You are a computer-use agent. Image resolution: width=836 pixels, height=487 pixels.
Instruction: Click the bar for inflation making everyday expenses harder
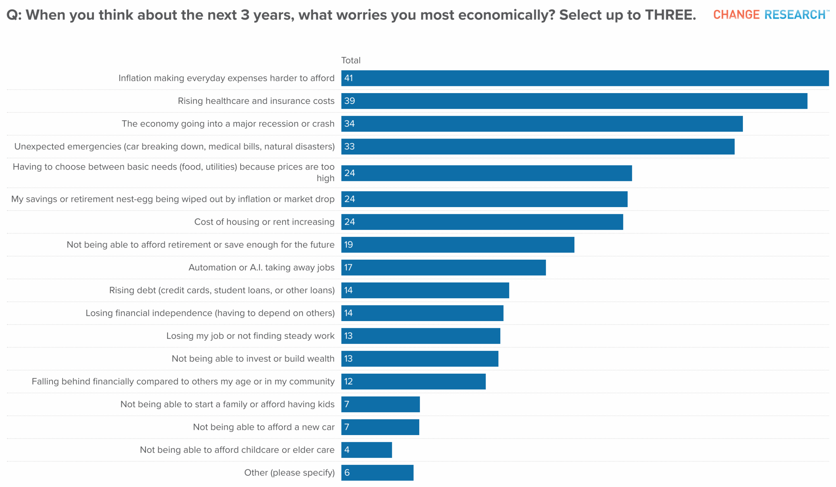(x=585, y=78)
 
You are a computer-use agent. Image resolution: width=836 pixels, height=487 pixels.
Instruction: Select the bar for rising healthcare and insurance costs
(x=574, y=101)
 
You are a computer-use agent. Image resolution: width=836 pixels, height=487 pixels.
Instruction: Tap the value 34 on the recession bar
(x=349, y=124)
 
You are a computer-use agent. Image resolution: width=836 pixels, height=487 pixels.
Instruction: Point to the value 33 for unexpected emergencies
(x=349, y=147)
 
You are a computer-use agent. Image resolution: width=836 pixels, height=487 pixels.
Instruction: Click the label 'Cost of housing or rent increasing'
(x=264, y=222)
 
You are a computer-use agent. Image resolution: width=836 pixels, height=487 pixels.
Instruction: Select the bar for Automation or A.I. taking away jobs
(x=443, y=268)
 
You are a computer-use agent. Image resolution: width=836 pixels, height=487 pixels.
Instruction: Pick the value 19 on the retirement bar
(x=348, y=245)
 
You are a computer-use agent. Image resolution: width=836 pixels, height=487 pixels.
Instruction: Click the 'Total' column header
(x=351, y=60)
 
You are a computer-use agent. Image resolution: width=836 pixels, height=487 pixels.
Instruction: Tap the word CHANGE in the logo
(x=736, y=15)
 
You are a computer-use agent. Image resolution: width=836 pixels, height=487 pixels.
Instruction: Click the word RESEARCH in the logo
(x=795, y=15)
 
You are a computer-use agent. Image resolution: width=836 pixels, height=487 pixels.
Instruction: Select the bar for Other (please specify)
(x=377, y=473)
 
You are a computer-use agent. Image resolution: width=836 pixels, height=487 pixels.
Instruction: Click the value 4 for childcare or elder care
(x=347, y=450)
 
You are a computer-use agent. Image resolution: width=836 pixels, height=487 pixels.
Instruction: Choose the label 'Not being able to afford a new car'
(x=264, y=427)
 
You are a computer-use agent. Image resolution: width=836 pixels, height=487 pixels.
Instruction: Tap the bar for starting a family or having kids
(x=380, y=404)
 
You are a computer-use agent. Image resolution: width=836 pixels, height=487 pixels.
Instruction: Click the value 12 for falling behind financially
(x=348, y=381)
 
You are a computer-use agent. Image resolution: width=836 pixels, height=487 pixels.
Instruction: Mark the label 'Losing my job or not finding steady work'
(x=250, y=336)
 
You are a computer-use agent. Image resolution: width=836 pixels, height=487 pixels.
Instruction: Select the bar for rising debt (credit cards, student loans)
(x=425, y=290)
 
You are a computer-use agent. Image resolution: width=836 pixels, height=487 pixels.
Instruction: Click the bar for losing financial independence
(x=422, y=313)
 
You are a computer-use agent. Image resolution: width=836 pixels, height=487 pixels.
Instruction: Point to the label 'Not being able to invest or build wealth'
(x=253, y=359)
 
